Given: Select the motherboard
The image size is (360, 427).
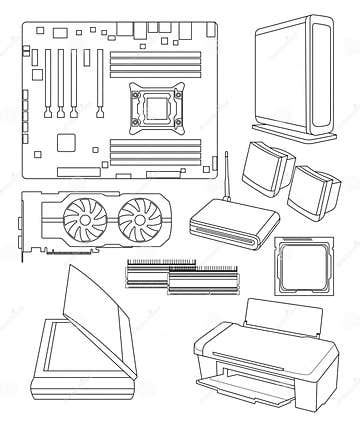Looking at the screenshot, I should point(120,100).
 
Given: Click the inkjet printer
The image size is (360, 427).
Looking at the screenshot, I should point(265,360).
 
